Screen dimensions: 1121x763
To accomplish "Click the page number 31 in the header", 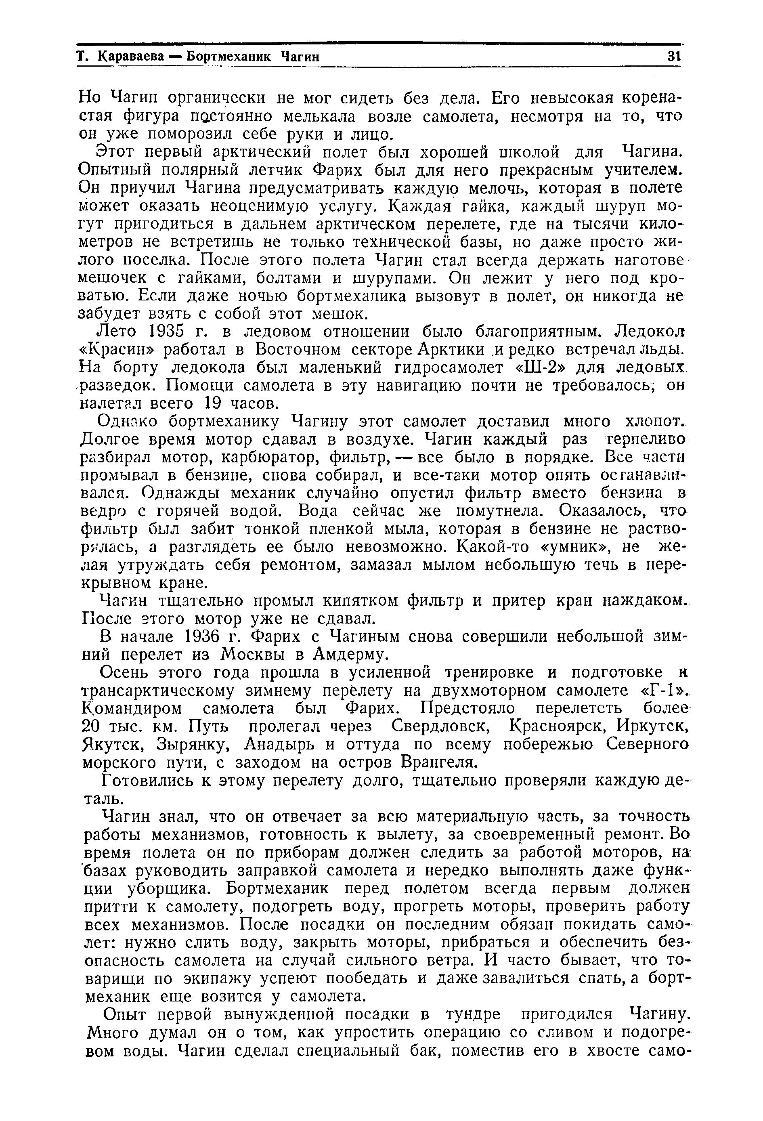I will (673, 57).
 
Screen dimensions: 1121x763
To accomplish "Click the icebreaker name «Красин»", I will (115, 350).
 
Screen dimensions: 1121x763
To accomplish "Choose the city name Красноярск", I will (562, 726).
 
